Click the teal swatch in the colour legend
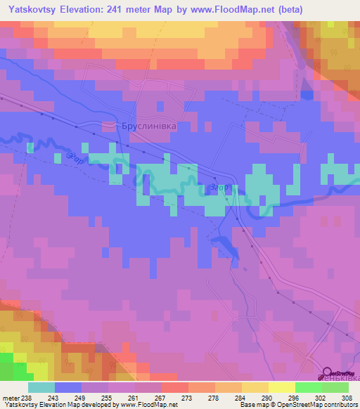click(x=41, y=387)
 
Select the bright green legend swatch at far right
click(x=335, y=387)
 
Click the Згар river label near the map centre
click(x=218, y=188)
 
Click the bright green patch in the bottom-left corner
click(x=8, y=367)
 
